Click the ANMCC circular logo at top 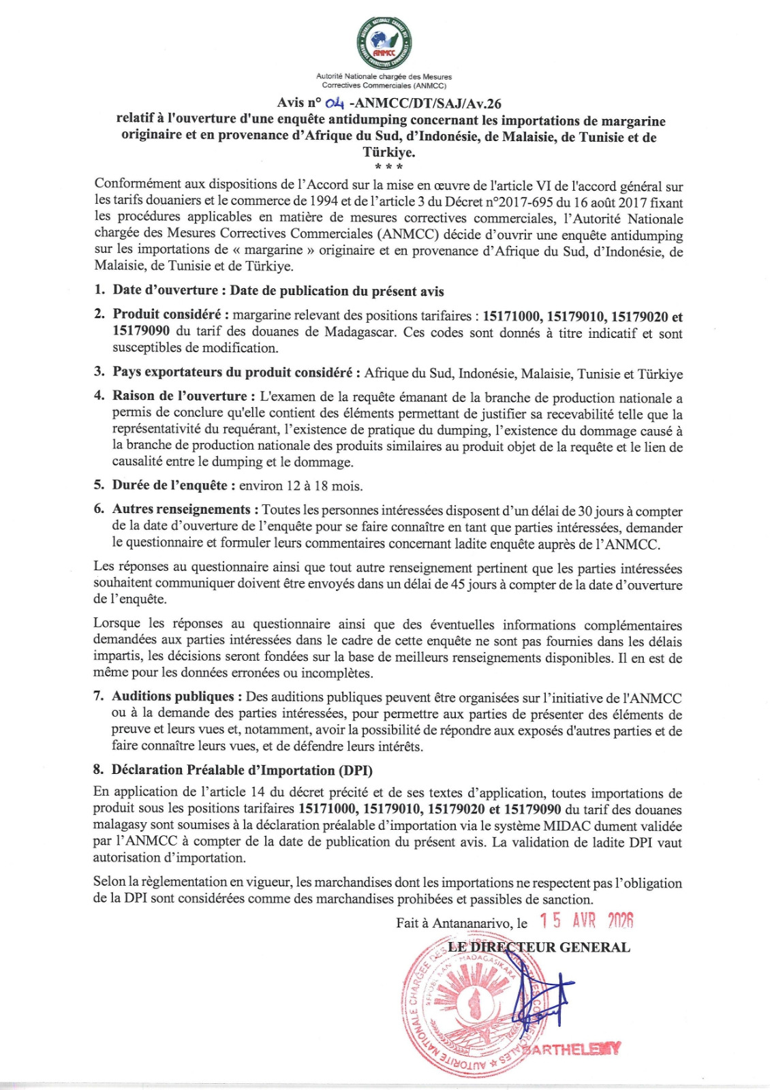[384, 43]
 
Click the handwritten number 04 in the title [335, 104]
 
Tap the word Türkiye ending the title [389, 152]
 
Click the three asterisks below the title [388, 167]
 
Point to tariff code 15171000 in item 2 [512, 316]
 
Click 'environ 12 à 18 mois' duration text [301, 486]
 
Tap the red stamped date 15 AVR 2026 [587, 921]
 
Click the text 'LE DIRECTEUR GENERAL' [538, 947]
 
